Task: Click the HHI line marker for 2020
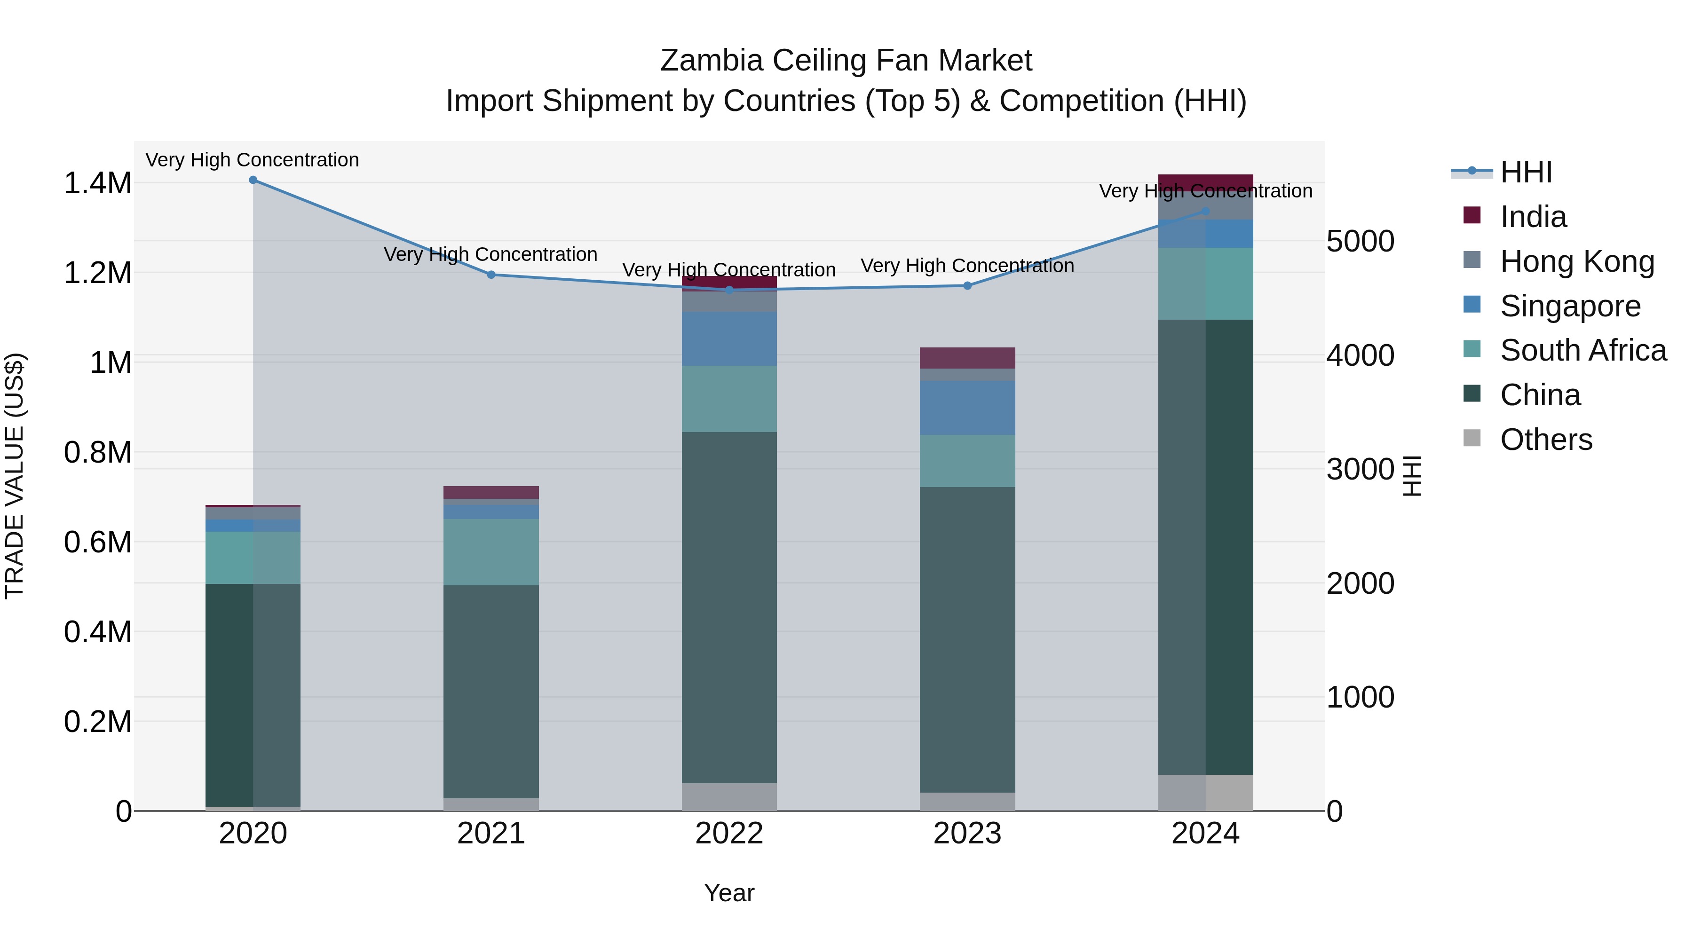tap(253, 180)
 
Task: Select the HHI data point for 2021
tap(491, 275)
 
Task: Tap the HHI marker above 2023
tap(967, 286)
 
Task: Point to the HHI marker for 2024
tap(1205, 212)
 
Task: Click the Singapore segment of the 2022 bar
tap(729, 339)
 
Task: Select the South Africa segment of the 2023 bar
tap(967, 461)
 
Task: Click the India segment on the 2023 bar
tap(967, 358)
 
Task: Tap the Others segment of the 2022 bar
tap(729, 797)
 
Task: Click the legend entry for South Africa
tap(1582, 350)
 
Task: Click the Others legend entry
tap(1546, 440)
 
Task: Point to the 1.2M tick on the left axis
tap(98, 273)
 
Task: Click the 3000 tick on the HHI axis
tap(1360, 470)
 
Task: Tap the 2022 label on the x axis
tap(729, 834)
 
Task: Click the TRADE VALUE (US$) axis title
tap(15, 476)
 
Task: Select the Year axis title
tap(729, 893)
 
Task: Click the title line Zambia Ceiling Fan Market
tap(846, 61)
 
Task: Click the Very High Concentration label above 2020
tap(253, 160)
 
